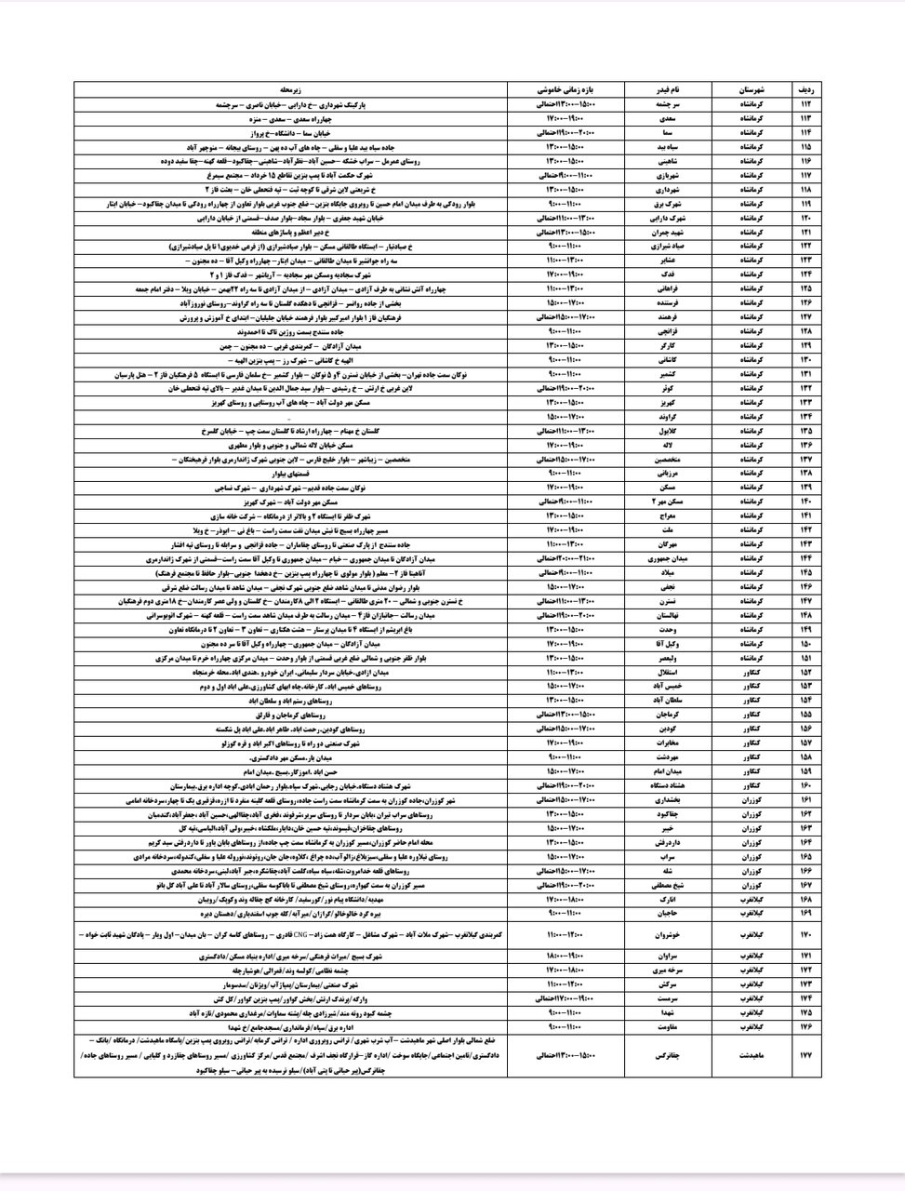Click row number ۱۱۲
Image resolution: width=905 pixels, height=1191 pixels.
(x=805, y=105)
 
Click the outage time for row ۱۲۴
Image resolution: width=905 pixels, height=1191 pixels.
(x=570, y=274)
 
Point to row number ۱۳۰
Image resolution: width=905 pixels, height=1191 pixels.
(x=805, y=358)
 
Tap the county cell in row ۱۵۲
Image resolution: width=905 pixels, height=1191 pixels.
(x=750, y=671)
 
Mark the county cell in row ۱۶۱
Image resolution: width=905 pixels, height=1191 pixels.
(x=750, y=798)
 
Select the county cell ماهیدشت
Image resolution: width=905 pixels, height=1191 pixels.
(x=750, y=1054)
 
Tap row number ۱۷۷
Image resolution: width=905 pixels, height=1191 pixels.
(x=805, y=1054)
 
